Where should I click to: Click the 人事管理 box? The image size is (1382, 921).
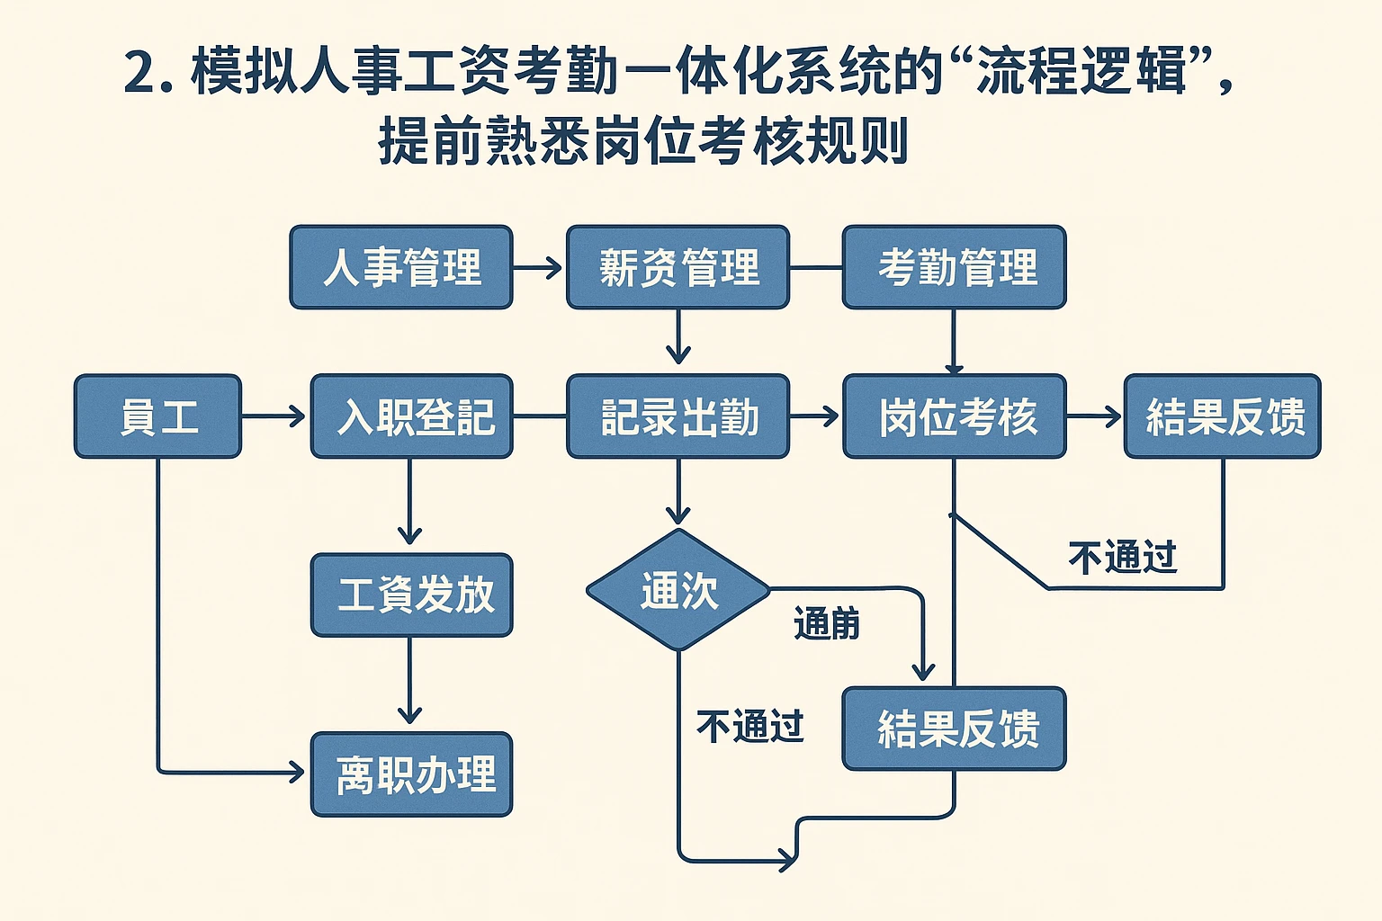coord(401,267)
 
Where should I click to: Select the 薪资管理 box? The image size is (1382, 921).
coord(678,267)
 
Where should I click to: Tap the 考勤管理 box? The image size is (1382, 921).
coord(954,267)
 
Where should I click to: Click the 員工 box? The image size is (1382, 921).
coord(157,416)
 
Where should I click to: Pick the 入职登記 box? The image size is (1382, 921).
coord(411,416)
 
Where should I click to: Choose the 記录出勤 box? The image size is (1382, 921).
coord(678,416)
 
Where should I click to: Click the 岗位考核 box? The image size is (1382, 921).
coord(954,416)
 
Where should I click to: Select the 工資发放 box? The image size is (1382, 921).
coord(411,595)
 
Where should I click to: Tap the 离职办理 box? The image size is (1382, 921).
coord(411,773)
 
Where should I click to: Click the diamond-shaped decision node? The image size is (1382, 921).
coord(678,590)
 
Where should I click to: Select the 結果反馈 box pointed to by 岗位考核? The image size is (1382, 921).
coord(1223,416)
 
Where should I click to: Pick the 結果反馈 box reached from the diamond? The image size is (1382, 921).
coord(954,728)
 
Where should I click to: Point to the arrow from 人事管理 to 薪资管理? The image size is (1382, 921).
coord(538,267)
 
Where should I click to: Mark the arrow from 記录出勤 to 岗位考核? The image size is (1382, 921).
coord(815,416)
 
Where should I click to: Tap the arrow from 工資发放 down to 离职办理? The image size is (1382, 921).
coord(409,682)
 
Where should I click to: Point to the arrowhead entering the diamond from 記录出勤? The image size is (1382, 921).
coord(678,514)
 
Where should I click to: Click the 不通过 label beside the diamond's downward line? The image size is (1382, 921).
coord(749,726)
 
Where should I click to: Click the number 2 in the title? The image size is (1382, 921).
coord(140,72)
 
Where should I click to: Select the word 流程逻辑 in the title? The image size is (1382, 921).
coord(1081,72)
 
